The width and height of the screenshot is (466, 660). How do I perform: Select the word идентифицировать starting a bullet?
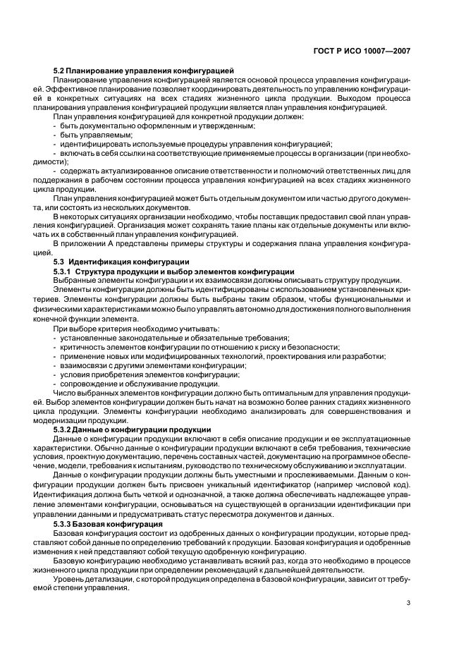click(92, 143)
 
